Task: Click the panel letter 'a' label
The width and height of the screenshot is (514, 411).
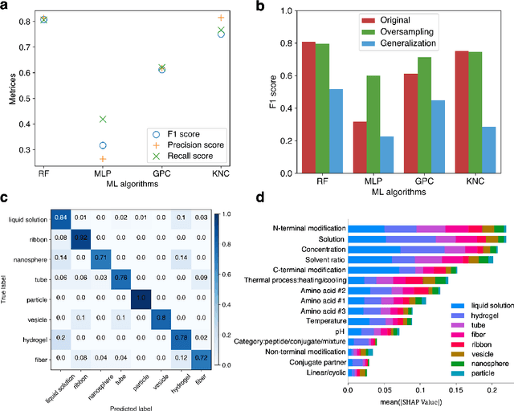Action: pos(6,7)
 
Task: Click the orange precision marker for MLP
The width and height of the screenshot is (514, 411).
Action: pos(102,159)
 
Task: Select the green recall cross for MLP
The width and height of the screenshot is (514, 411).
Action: pos(102,119)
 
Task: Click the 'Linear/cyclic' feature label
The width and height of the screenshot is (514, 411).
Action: pos(316,372)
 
